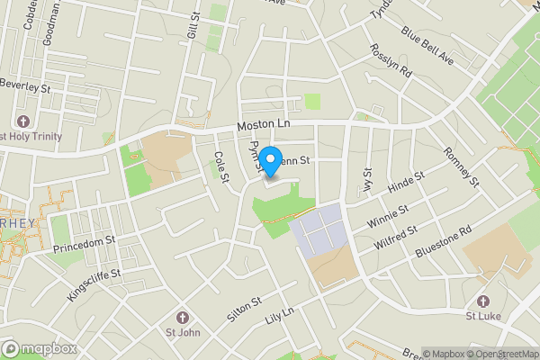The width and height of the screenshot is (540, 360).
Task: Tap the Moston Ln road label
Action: [264, 126]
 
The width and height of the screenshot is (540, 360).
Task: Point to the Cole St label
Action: [220, 167]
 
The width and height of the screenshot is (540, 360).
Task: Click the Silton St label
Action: [243, 310]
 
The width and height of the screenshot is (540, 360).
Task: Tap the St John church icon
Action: [183, 318]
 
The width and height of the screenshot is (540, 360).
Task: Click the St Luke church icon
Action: [483, 301]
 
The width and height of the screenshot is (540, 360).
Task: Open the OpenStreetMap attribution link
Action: [501, 354]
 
